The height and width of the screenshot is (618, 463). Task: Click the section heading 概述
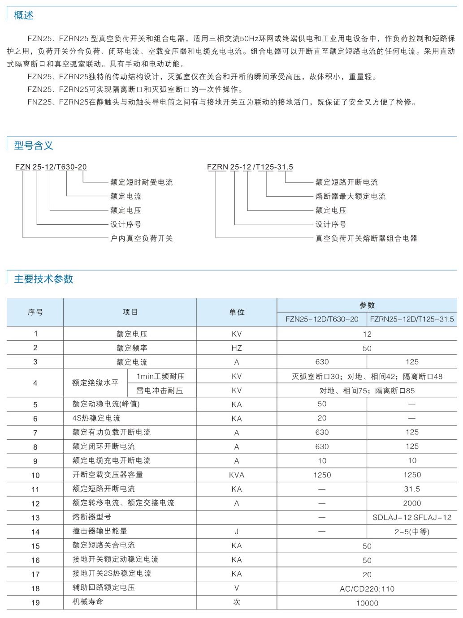tap(24, 15)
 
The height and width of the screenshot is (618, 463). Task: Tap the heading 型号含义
tap(34, 145)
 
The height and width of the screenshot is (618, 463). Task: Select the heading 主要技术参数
tap(43, 279)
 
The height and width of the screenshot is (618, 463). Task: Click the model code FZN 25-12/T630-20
tap(51, 167)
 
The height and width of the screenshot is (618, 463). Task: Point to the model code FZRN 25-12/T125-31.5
tap(250, 167)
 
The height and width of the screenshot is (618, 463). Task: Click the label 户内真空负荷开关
tap(141, 238)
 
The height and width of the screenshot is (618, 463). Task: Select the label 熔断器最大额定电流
tap(350, 196)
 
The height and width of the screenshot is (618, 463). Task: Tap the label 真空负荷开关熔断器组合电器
tap(366, 238)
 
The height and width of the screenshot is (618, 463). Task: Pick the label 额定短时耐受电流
tap(141, 182)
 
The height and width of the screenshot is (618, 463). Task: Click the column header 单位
tap(237, 312)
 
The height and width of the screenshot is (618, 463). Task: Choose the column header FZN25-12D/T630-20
tap(322, 319)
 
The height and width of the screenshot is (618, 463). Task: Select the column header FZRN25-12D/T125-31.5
tap(412, 319)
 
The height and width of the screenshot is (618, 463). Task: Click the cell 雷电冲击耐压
tap(160, 391)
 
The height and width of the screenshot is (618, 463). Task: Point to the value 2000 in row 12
tap(412, 503)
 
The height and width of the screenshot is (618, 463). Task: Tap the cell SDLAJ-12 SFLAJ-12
tap(412, 517)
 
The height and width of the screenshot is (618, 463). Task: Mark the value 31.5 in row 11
tap(412, 489)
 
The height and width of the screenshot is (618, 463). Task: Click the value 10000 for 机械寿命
tap(367, 603)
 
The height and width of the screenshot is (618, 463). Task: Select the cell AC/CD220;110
tap(367, 589)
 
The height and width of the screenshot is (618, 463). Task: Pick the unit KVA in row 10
tap(237, 475)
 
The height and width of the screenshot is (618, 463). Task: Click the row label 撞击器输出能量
tap(100, 531)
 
